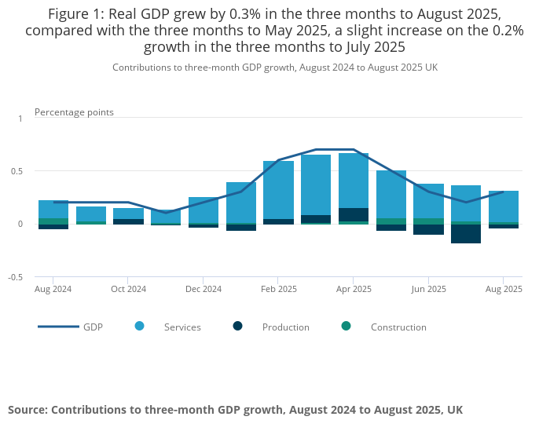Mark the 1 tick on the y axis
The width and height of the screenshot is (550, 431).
click(x=20, y=118)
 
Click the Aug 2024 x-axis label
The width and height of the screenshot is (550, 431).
click(x=53, y=289)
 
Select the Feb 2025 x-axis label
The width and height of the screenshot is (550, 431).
click(x=278, y=289)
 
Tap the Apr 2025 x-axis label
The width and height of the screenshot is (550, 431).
click(x=353, y=289)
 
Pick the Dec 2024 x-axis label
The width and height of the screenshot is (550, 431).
click(x=203, y=289)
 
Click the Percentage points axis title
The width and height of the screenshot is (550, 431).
click(x=74, y=112)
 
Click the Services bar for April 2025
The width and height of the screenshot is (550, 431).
click(x=354, y=181)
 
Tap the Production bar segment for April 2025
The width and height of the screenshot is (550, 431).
click(x=354, y=214)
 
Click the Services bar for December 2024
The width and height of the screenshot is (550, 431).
click(x=203, y=210)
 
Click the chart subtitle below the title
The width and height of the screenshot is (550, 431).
click(x=275, y=68)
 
